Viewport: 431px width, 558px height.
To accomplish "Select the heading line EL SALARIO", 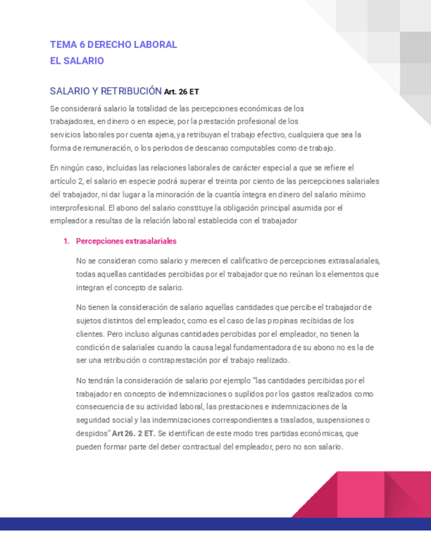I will pos(77,61).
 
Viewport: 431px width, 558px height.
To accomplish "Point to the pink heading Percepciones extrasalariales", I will pos(126,241).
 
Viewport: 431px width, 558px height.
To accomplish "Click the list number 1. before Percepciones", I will pos(66,241).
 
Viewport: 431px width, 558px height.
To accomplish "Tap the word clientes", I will pos(89,334).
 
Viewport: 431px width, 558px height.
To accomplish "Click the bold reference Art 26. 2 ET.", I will pos(134,434).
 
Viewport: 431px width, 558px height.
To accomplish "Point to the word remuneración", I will pos(97,147).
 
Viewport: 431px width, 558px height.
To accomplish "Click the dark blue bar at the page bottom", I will pos(215,524).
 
